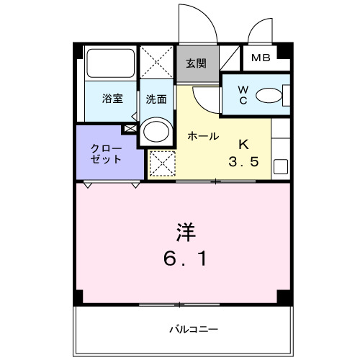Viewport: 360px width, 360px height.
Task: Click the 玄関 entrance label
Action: [196, 63]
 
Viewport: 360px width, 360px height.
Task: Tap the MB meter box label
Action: [261, 58]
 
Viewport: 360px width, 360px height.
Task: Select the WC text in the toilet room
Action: [243, 95]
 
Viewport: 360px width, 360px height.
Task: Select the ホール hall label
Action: [203, 135]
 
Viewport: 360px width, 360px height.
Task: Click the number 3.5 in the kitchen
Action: [243, 161]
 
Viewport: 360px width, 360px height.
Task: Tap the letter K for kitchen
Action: [243, 143]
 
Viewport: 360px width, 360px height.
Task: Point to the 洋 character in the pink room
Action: [183, 232]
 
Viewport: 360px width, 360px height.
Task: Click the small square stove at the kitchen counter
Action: [281, 167]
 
